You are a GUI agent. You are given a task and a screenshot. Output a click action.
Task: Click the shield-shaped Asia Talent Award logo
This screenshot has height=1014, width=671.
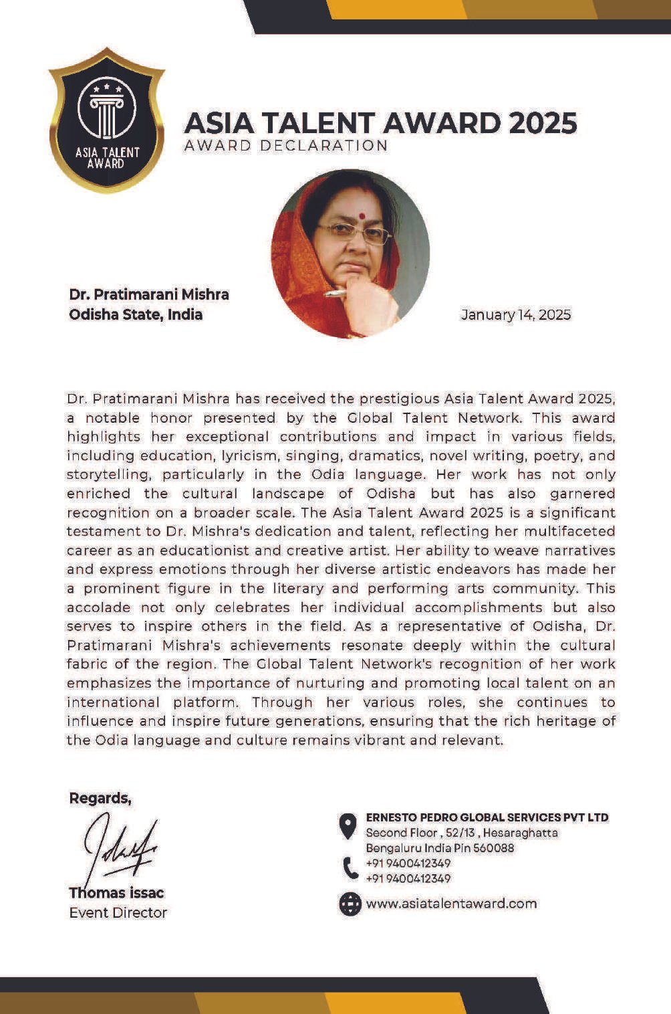pos(107,120)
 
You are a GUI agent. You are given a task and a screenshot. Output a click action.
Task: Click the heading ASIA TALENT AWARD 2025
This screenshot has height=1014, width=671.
pos(380,124)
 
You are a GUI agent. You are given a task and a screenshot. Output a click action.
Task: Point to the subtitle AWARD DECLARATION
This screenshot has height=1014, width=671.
pos(286,146)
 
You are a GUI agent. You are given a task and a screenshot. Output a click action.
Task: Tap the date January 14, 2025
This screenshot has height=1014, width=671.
pos(516,314)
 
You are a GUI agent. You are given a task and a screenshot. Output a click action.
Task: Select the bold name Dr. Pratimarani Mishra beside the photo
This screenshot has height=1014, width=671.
pos(149,294)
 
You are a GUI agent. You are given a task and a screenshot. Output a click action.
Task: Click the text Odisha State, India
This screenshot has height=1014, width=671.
pos(136,314)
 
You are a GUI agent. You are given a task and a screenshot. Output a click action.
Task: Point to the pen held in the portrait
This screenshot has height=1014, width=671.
pos(334,293)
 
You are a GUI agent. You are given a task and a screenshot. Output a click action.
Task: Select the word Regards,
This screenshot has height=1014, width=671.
pos(100,798)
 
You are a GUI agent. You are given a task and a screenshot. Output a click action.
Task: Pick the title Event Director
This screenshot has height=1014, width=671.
pos(118,912)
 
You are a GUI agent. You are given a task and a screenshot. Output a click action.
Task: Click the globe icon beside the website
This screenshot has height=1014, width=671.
pos(350,904)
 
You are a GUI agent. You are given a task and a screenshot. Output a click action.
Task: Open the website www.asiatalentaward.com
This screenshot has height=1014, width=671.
pos(451,904)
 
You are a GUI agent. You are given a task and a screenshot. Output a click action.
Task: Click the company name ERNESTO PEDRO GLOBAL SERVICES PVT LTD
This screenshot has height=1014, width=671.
pos(487,817)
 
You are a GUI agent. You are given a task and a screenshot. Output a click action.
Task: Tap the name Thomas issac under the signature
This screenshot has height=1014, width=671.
pos(116,893)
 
